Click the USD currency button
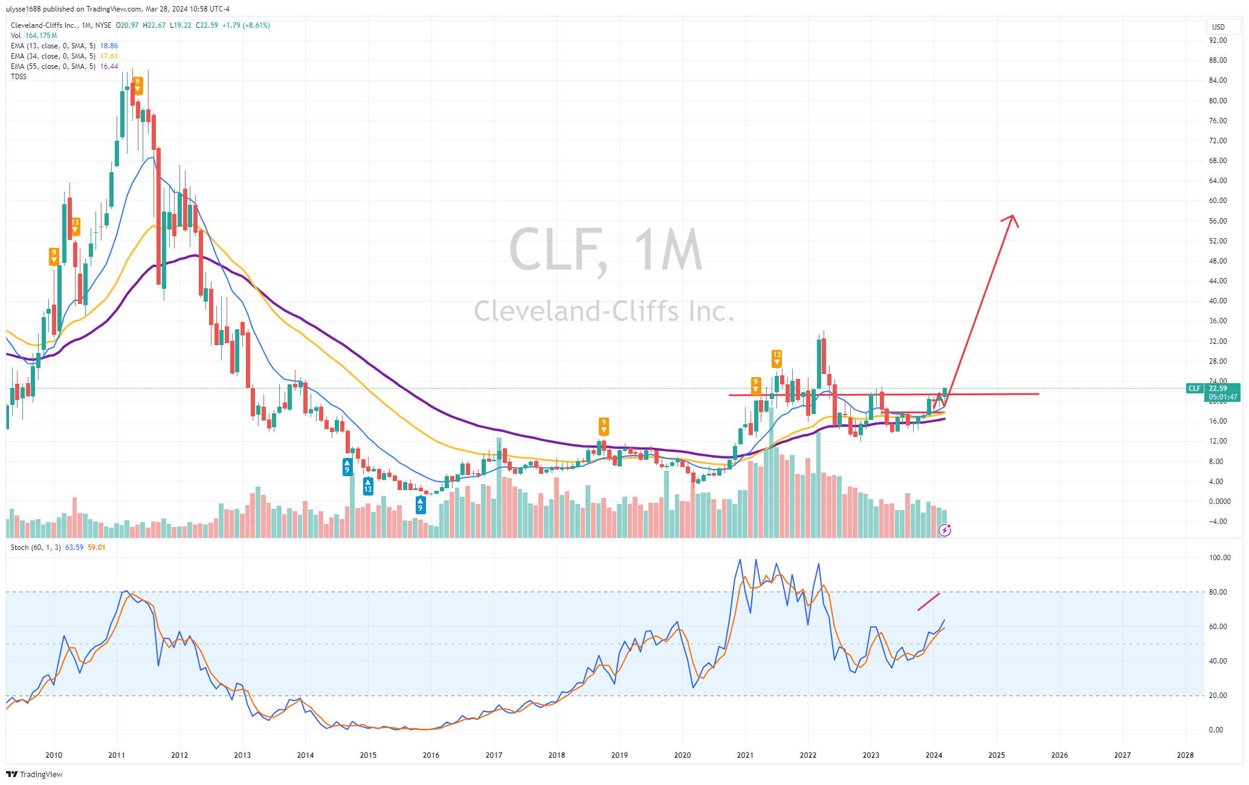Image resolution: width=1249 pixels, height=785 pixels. pos(1218,27)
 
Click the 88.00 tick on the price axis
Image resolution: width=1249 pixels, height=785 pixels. pos(1218,60)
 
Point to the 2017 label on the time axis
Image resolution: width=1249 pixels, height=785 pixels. pos(494,755)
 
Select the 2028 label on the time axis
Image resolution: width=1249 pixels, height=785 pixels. pos(1185,755)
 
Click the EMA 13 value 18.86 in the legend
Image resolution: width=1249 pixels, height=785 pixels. pos(109,46)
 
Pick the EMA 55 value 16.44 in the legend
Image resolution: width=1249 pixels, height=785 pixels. pos(109,66)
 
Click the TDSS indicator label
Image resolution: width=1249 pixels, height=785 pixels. pos(19,77)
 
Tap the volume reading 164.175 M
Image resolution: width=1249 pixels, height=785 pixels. pos(41,36)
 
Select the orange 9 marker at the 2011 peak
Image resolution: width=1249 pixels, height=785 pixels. pos(138,85)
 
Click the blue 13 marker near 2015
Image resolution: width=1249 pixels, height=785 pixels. pos(368,486)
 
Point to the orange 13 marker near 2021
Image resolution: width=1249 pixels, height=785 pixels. pos(776,358)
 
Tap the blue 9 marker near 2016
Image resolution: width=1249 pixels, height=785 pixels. pos(420,505)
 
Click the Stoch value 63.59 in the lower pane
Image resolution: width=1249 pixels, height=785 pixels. pos(74,548)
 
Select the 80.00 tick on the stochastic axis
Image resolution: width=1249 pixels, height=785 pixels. pos(1218,592)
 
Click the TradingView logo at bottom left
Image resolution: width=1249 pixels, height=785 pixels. pos(34,774)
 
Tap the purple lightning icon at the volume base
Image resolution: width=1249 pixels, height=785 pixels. pos(944,531)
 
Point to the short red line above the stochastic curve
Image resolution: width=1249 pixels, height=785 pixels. pos(928,602)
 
